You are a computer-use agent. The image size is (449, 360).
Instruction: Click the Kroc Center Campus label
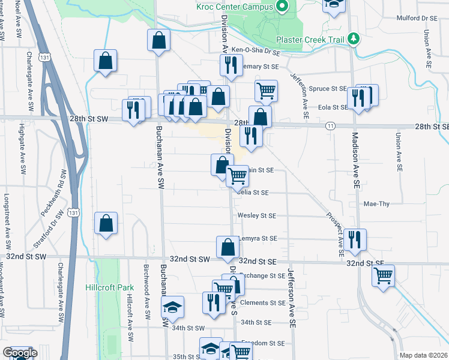pos(234,7)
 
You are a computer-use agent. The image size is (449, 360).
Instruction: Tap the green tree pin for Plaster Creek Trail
pos(354,38)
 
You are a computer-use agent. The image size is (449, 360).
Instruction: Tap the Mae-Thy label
pos(376,204)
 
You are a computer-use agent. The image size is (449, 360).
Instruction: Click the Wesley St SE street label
pos(256,215)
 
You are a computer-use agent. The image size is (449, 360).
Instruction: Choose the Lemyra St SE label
pos(258,238)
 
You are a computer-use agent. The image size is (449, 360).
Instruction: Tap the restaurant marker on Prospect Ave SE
pos(355,239)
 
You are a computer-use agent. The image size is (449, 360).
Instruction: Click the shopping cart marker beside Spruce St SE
pos(266,91)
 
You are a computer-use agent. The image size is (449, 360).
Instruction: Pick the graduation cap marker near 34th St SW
pos(173,307)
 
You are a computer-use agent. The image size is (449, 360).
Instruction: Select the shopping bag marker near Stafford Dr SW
pos(106,223)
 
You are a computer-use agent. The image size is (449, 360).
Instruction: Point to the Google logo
pos(20,353)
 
